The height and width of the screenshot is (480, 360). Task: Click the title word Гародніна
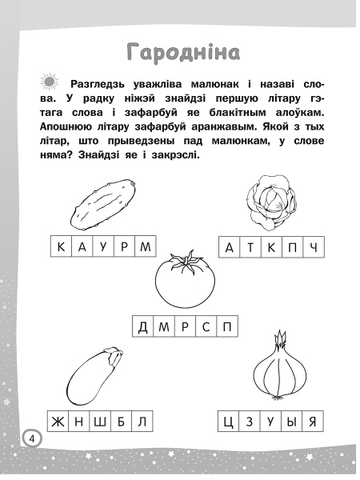coord(183,53)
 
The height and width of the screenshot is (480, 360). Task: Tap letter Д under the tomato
coord(143,326)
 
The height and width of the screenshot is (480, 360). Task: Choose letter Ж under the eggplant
coord(57,421)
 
